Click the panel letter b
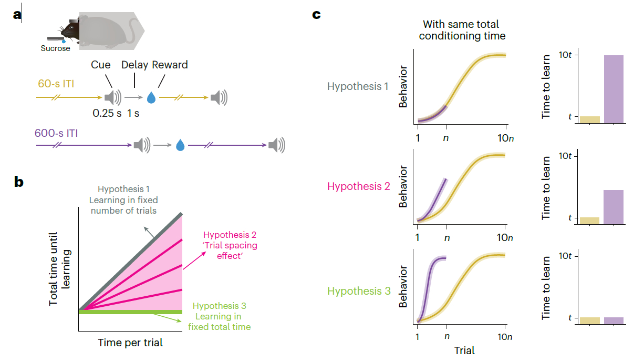point(19,182)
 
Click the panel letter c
point(317,14)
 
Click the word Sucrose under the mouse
point(55,49)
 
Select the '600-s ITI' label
point(57,133)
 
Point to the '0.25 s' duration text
point(107,113)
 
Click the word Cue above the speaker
point(101,65)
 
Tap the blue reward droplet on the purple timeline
point(180,145)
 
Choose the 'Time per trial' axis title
point(130,343)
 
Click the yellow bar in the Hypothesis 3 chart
point(590,320)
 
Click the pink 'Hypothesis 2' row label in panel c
point(359,186)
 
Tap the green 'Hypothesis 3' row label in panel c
point(359,291)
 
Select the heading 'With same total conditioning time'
point(461,31)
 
